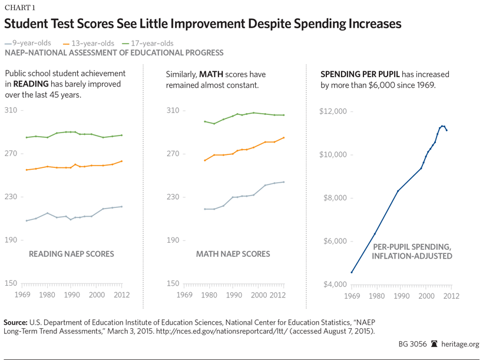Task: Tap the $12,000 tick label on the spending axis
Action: pyautogui.click(x=333, y=111)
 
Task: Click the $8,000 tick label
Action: pyautogui.click(x=335, y=198)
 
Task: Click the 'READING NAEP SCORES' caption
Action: pyautogui.click(x=71, y=254)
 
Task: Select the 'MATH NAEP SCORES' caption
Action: pyautogui.click(x=233, y=254)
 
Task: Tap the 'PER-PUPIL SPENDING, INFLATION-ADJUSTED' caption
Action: pyautogui.click(x=412, y=252)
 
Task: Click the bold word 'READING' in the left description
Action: pyautogui.click(x=31, y=84)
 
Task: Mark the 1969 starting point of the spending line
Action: pyautogui.click(x=352, y=272)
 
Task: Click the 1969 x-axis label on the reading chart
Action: pyautogui.click(x=22, y=295)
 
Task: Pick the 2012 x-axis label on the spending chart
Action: pyautogui.click(x=451, y=295)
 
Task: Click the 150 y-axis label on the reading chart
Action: pyautogui.click(x=11, y=283)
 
